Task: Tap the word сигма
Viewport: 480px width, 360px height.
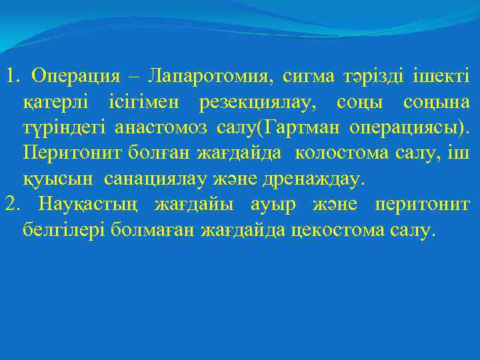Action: [311, 77]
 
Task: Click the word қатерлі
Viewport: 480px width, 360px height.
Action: [55, 103]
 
